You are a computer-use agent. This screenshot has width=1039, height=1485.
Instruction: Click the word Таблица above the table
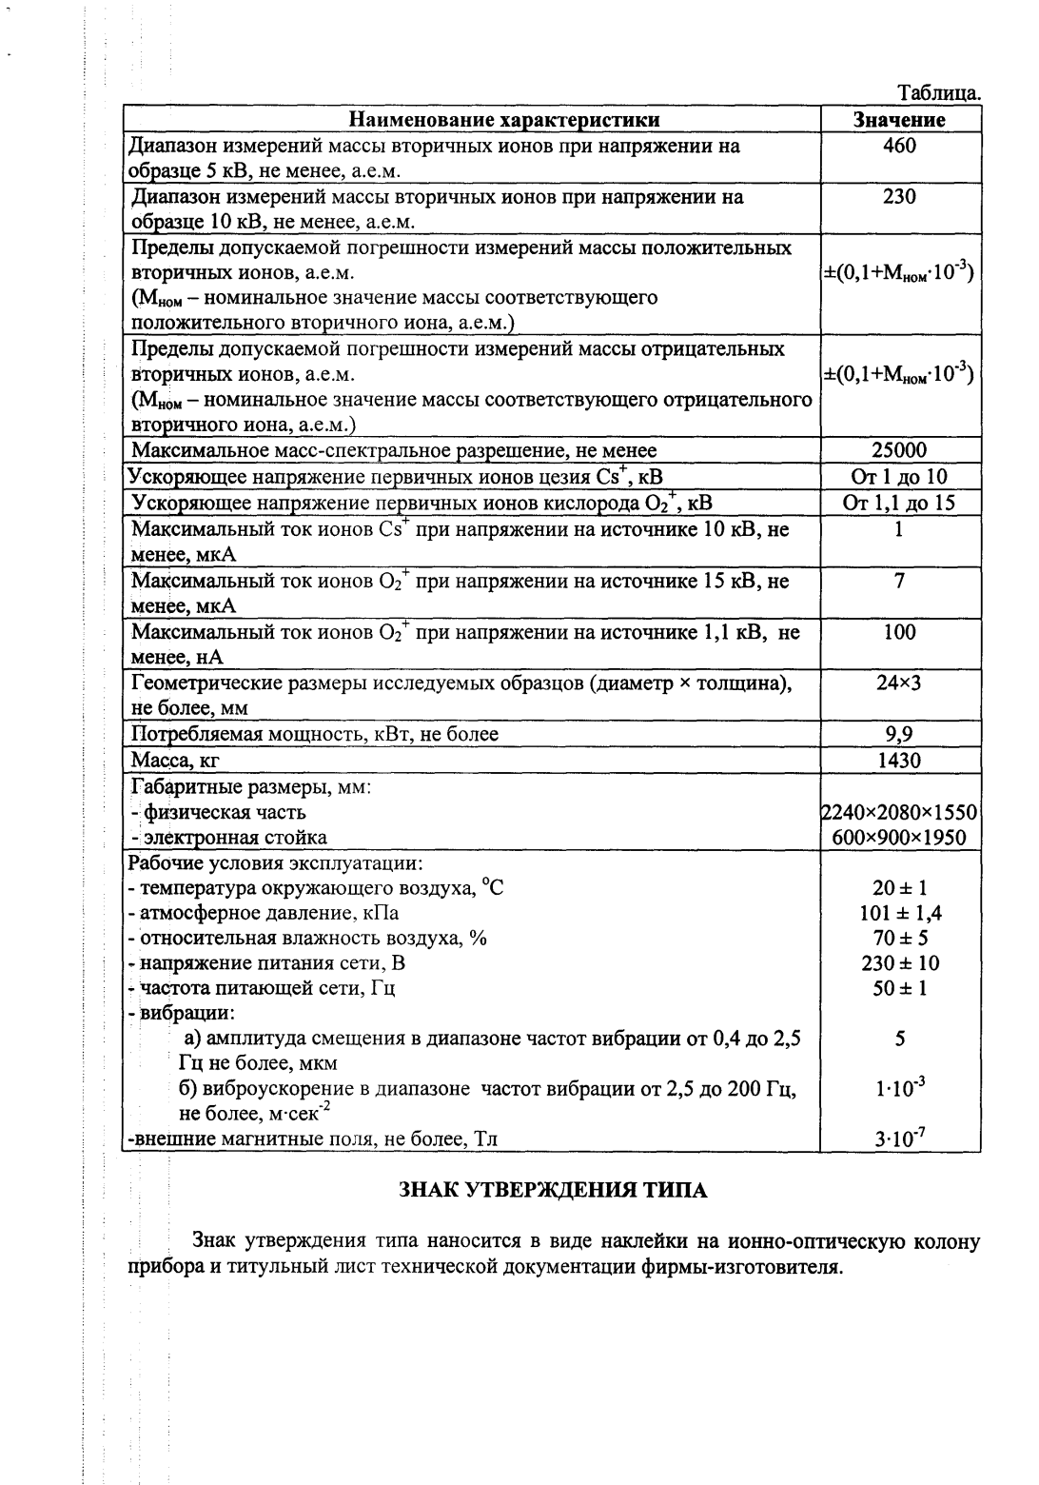pos(939,94)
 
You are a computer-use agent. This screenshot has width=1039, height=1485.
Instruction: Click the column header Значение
pos(899,120)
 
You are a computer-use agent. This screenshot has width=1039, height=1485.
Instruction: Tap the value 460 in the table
pos(899,147)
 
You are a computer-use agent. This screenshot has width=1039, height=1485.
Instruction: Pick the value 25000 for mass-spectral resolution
pos(899,450)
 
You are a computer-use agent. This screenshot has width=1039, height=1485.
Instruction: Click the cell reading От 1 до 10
pos(899,477)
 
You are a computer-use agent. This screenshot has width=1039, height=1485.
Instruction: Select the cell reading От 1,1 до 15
pos(899,503)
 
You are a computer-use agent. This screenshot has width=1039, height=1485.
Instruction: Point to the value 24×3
pos(899,683)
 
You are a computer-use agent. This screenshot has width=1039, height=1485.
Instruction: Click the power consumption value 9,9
pos(899,734)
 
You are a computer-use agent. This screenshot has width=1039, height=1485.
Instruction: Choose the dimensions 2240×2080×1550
pos(900,812)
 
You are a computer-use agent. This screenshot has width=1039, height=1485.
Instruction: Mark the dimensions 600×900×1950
pos(899,838)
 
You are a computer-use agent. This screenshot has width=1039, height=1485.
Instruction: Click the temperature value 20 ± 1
pos(899,889)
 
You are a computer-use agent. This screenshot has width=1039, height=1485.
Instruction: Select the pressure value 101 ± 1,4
pos(899,914)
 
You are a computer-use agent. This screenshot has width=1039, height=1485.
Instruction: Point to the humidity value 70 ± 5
pos(899,939)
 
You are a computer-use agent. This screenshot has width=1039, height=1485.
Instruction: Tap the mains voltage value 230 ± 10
pos(899,963)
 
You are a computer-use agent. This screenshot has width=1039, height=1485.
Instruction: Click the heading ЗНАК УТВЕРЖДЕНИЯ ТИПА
pos(551,1190)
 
